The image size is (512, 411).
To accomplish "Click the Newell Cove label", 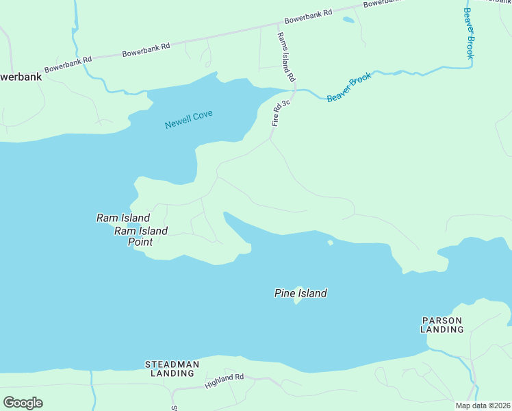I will pyautogui.click(x=188, y=119).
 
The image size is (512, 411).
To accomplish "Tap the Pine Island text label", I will pyautogui.click(x=300, y=293).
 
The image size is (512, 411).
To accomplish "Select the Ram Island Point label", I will pyautogui.click(x=140, y=236).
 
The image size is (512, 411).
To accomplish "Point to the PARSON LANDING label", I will pyautogui.click(x=442, y=325).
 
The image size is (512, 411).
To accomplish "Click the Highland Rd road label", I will pyautogui.click(x=225, y=382).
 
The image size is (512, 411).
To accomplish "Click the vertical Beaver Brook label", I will pyautogui.click(x=468, y=33).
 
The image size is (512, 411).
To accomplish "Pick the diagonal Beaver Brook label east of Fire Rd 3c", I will pyautogui.click(x=349, y=87).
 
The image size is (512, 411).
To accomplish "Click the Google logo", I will pyautogui.click(x=23, y=403).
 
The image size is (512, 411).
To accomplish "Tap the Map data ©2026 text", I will pyautogui.click(x=482, y=406).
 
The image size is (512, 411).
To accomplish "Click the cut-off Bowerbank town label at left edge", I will pyautogui.click(x=21, y=77).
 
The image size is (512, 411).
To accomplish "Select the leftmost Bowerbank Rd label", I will pyautogui.click(x=68, y=65).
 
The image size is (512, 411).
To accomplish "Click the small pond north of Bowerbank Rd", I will pyautogui.click(x=348, y=20).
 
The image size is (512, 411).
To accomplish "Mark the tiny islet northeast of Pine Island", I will pyautogui.click(x=330, y=242).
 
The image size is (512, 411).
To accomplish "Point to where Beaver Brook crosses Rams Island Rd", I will pyautogui.click(x=294, y=90).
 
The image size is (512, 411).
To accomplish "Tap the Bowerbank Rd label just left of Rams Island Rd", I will pyautogui.click(x=146, y=49).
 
